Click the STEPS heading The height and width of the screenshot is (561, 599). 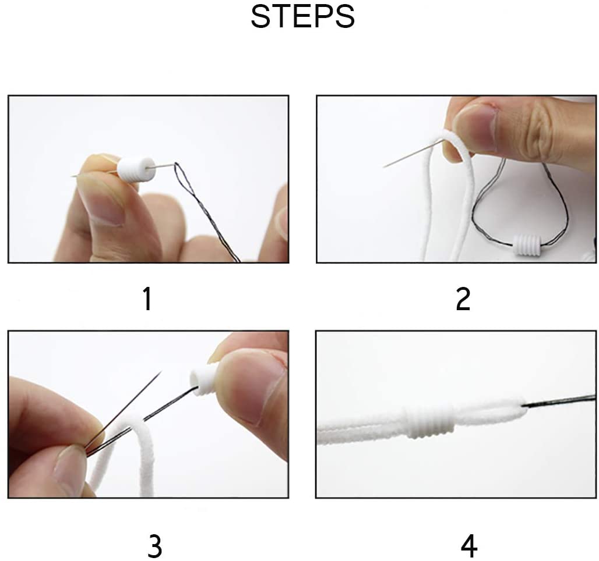point(302,16)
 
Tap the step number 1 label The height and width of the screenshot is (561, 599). point(147,299)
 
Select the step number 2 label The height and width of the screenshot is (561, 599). point(463,299)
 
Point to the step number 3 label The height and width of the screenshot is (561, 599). point(155,546)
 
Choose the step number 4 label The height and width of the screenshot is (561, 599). point(469,546)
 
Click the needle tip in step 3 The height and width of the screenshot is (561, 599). point(161,371)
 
